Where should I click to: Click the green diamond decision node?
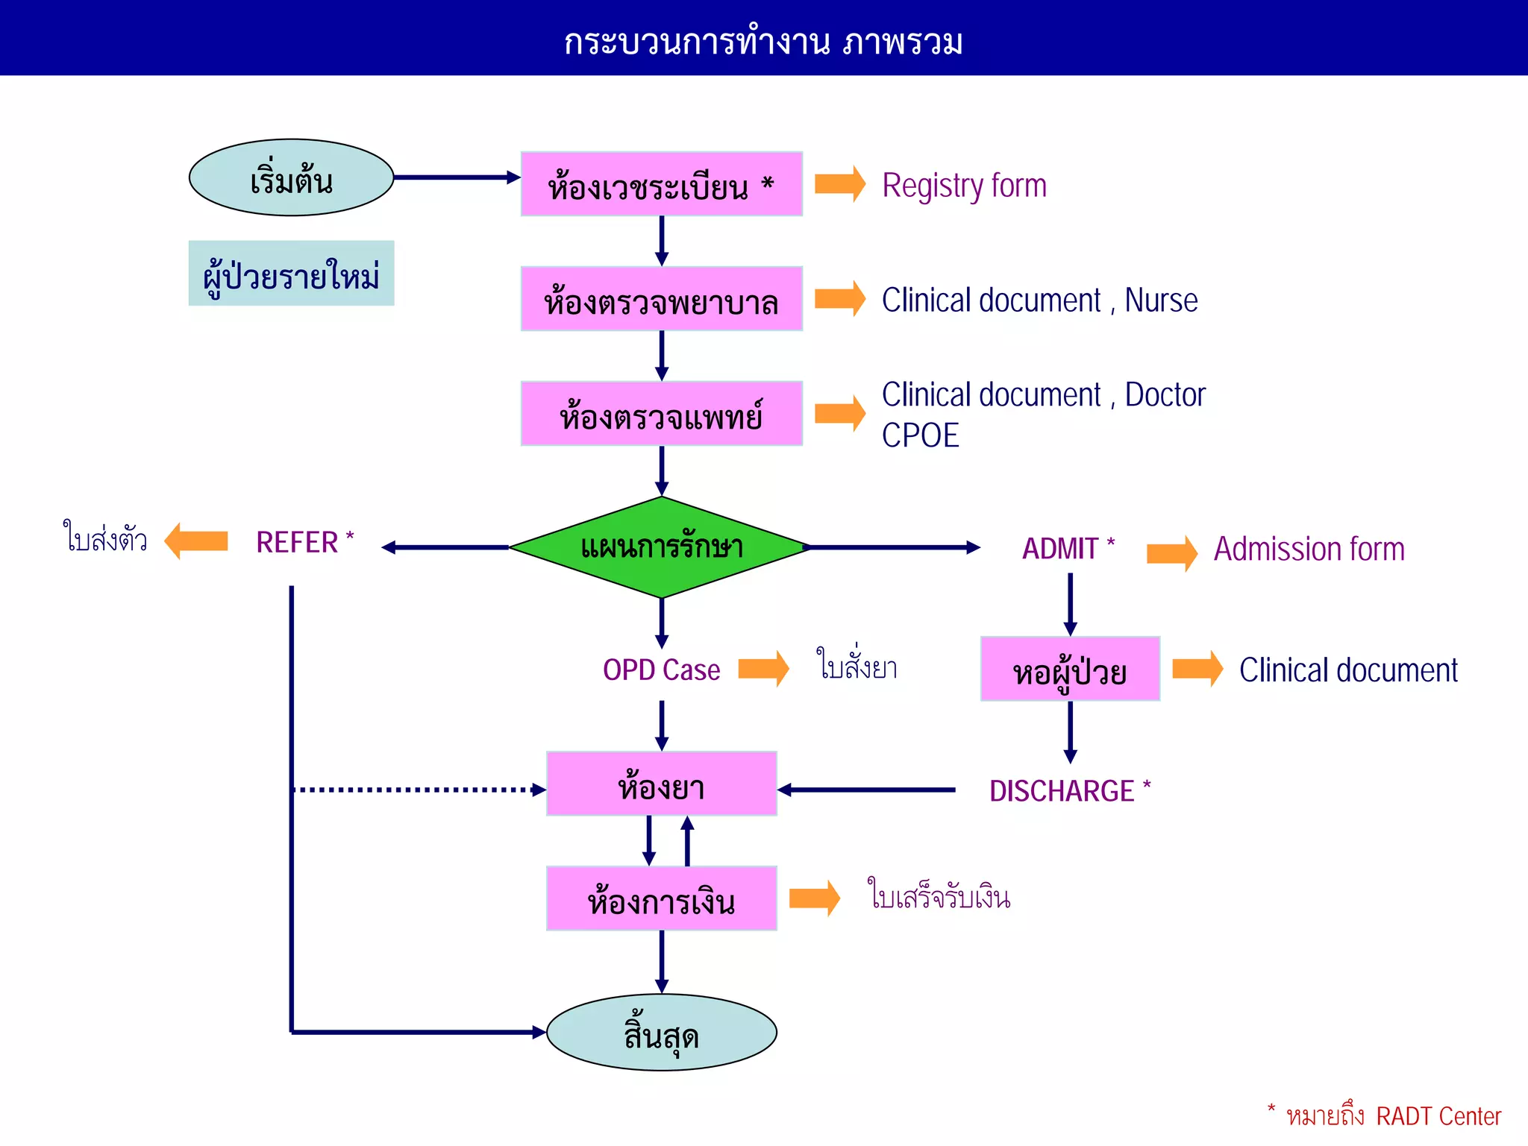[661, 547]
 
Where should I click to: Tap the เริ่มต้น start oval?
[291, 178]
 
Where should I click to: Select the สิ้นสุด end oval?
[661, 1033]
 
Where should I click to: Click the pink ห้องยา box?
[661, 784]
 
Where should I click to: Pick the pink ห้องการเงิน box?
[661, 898]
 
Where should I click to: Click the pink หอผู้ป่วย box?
[1069, 669]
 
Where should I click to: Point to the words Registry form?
[964, 186]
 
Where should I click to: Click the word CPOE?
[920, 435]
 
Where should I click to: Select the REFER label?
[298, 542]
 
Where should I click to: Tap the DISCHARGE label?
[1062, 791]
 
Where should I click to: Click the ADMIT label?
[1060, 549]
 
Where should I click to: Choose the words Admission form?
[1309, 550]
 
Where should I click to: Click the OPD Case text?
[661, 670]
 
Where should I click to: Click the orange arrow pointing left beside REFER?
[195, 541]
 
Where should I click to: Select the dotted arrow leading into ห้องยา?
[418, 790]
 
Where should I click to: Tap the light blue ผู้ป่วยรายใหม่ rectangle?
[291, 273]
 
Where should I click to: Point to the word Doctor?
[1165, 394]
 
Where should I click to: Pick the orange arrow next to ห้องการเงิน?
[814, 898]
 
